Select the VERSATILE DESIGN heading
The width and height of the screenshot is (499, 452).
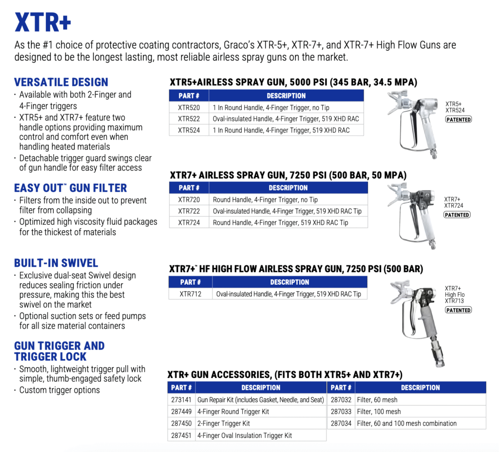pos(61,82)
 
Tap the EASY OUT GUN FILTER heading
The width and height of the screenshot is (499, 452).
pos(70,188)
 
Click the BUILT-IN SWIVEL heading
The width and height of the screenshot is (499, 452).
pos(56,263)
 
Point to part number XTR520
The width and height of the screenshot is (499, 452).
pos(189,107)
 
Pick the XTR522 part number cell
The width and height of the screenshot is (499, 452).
pos(189,118)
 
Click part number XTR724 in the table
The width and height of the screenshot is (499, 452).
pos(189,222)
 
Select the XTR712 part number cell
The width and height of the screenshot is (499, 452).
pos(190,294)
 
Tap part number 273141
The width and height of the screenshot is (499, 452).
pos(181,400)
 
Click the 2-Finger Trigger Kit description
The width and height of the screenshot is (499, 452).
pos(223,423)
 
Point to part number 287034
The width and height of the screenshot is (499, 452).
pos(341,423)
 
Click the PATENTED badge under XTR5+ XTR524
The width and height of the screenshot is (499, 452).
pos(459,119)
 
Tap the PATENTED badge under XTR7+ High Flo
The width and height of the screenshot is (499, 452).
pos(459,310)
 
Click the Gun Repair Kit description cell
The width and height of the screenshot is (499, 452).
pos(260,400)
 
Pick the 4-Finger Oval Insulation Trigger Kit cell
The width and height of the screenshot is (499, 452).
pos(244,435)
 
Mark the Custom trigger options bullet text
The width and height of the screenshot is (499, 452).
pos(59,390)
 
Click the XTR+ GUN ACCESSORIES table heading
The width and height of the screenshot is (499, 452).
pos(285,374)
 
